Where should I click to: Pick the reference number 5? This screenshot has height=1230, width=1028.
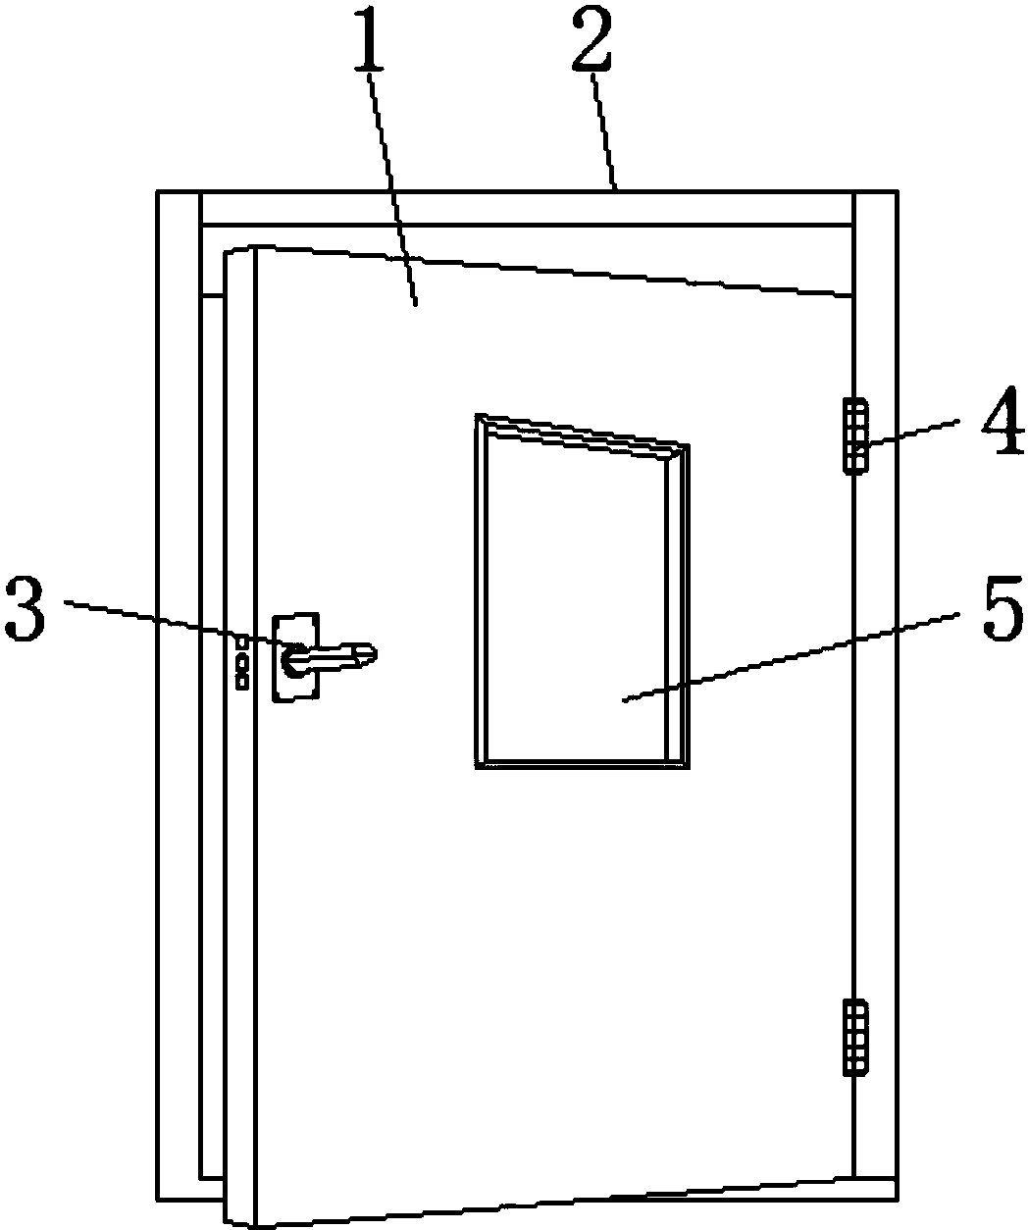1003,608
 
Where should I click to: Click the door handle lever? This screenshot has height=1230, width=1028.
330,658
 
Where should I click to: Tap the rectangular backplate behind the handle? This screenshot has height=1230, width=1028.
295,657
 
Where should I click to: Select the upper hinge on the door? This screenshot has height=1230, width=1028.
856,436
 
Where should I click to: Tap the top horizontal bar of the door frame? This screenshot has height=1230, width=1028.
528,207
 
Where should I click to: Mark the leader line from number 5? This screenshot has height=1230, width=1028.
791,657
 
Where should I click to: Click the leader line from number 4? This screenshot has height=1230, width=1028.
910,433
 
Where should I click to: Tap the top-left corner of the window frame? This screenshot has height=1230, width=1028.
476,415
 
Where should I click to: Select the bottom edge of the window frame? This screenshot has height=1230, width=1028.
582,765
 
